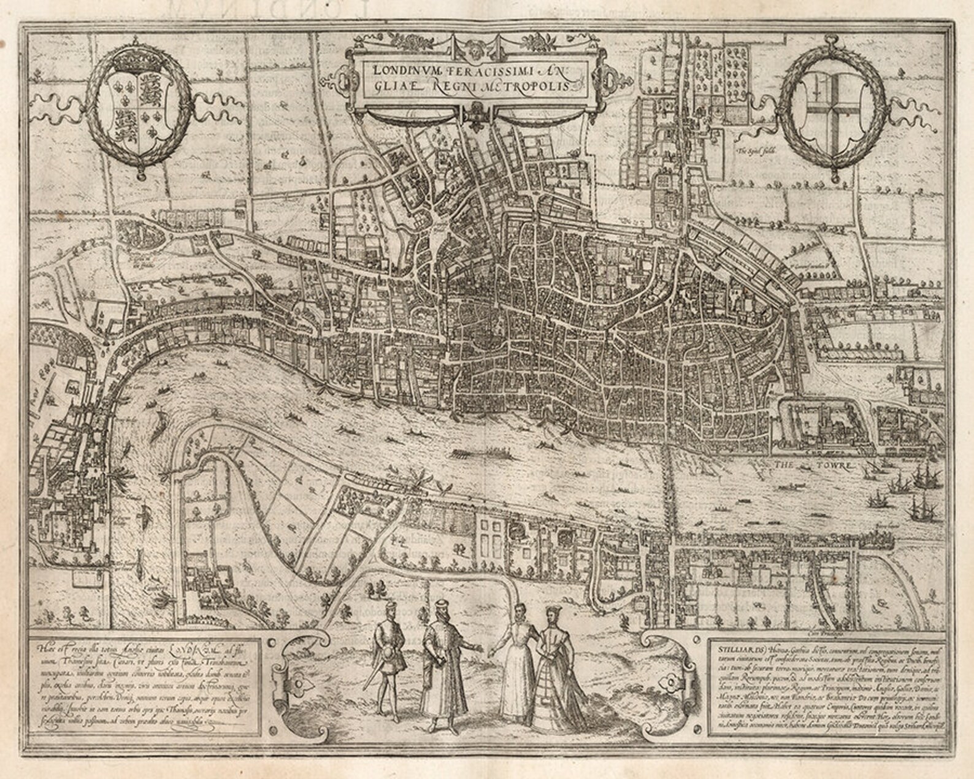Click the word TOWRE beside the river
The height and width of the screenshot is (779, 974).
click(817, 466)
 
